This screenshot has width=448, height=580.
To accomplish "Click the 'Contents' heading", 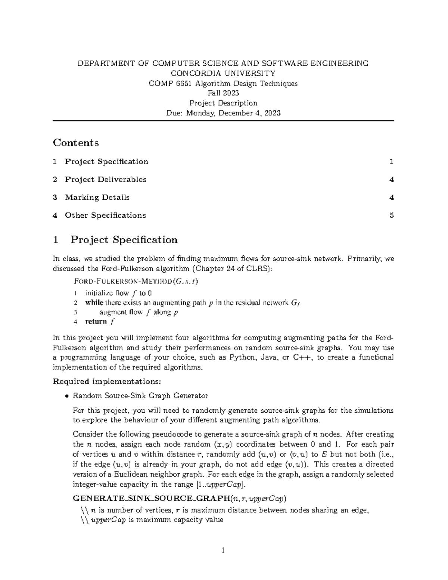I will pos(76,143).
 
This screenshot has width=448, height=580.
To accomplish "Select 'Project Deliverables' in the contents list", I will pos(105,179).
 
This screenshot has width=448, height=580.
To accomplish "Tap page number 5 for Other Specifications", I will pos(392,215).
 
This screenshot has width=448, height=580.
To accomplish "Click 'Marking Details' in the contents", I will pos(97,197).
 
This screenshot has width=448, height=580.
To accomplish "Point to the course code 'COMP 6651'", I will pos(170,83).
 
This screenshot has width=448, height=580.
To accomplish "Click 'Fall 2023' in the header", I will pos(223,93).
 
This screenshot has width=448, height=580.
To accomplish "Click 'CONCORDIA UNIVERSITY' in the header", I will pos(223,73).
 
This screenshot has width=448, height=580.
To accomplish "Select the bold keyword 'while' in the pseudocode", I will pos(94,303).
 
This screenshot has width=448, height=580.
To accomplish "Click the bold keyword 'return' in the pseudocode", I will pos(96,322).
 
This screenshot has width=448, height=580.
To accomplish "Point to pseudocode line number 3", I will pos(76,312).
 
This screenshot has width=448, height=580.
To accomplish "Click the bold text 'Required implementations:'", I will pos(107,381).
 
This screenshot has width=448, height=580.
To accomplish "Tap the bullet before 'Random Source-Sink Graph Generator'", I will pos(67,396).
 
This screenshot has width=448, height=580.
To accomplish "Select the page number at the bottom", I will pos(223,550).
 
